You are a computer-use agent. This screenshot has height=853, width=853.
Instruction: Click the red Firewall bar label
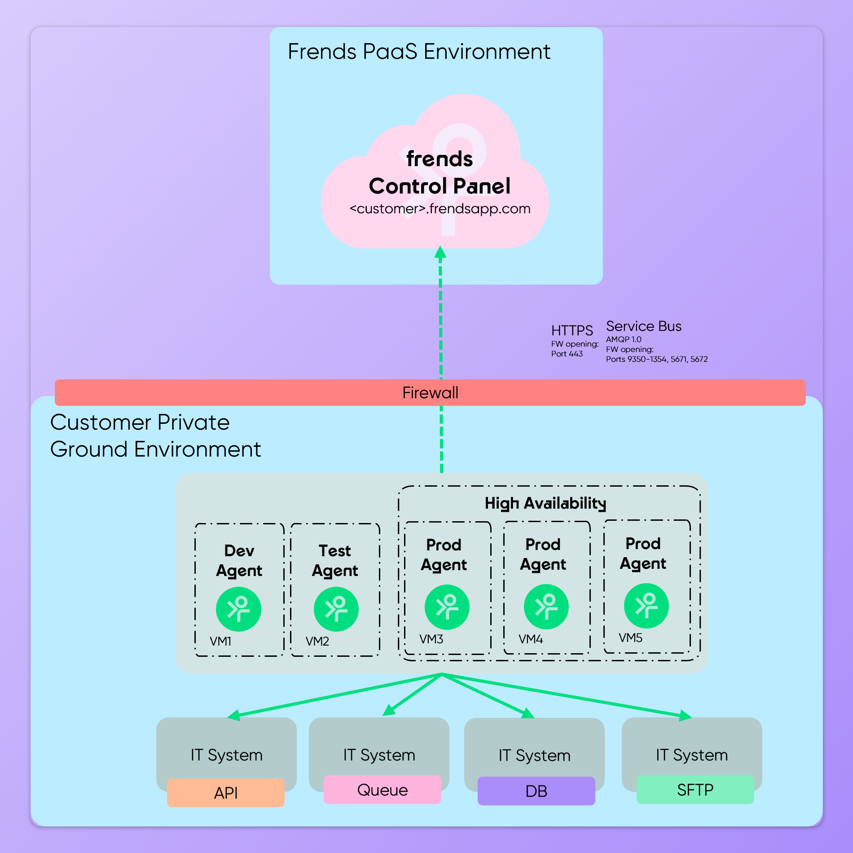click(430, 393)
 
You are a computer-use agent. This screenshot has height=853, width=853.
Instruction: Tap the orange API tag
click(225, 793)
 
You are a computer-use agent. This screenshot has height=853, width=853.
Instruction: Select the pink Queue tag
click(382, 790)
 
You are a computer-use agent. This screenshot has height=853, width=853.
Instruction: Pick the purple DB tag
click(536, 791)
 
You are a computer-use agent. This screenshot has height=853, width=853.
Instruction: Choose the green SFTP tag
click(695, 790)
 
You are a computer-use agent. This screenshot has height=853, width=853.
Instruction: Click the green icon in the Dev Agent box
click(238, 609)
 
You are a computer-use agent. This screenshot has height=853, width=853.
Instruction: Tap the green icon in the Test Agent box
click(336, 609)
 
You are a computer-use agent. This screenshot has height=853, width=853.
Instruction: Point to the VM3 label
click(431, 639)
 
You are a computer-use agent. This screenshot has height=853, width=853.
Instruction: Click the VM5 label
click(630, 638)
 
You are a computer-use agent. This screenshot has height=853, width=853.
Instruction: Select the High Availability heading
click(545, 503)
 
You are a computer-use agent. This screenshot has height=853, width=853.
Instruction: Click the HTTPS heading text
click(572, 330)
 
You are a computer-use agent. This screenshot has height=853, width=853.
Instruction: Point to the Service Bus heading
click(643, 326)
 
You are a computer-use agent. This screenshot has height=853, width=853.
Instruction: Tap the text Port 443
click(567, 354)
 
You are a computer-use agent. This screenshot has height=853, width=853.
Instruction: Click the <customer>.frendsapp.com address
click(440, 209)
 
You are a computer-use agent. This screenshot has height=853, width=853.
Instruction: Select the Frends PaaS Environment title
click(418, 52)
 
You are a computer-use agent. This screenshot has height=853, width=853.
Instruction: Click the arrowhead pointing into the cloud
click(440, 252)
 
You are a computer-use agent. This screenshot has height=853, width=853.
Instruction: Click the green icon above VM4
click(546, 607)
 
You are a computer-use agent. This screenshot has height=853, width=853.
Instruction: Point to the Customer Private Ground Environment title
click(155, 435)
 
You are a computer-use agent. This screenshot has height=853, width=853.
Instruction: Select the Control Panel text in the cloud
click(440, 186)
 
